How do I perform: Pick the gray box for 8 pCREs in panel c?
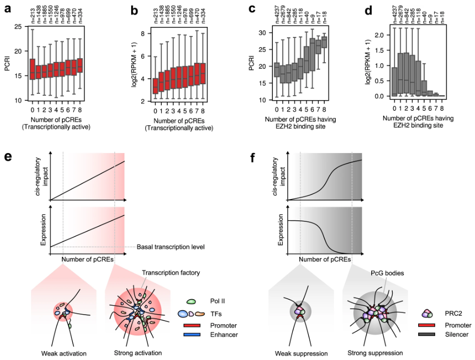(324, 42)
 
